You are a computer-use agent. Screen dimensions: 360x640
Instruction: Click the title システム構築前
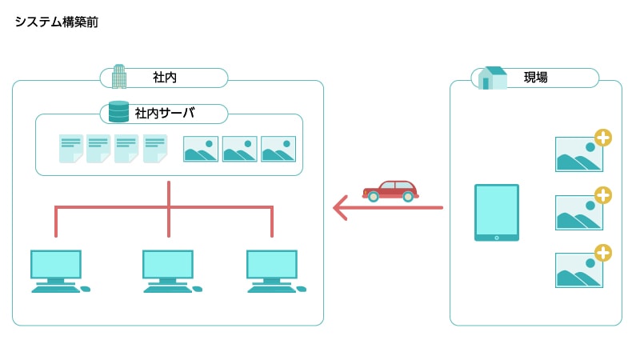[56, 22]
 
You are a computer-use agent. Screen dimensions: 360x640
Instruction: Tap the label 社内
[165, 78]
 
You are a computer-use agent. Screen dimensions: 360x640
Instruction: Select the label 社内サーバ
[165, 113]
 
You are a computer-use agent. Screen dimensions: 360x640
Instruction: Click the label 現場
[536, 78]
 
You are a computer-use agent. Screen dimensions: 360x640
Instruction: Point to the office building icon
[119, 76]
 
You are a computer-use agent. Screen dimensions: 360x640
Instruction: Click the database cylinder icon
[118, 111]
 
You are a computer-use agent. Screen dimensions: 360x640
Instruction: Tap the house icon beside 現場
[493, 78]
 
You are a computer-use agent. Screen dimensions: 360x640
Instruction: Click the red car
[390, 190]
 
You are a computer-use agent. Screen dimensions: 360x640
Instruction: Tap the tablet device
[497, 212]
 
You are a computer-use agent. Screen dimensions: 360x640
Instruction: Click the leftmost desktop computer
[57, 270]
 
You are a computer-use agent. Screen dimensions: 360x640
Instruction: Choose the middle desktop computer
[169, 270]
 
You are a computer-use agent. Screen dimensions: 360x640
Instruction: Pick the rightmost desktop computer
[273, 270]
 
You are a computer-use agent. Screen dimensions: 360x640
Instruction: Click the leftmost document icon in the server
[70, 149]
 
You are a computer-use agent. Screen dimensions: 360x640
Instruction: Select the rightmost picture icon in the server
[278, 149]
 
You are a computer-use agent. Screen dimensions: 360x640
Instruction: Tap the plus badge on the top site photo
[603, 138]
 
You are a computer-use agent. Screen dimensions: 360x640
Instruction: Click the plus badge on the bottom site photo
[603, 254]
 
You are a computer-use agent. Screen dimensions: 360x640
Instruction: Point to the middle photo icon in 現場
[579, 213]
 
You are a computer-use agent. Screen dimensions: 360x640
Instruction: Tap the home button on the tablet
[497, 237]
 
